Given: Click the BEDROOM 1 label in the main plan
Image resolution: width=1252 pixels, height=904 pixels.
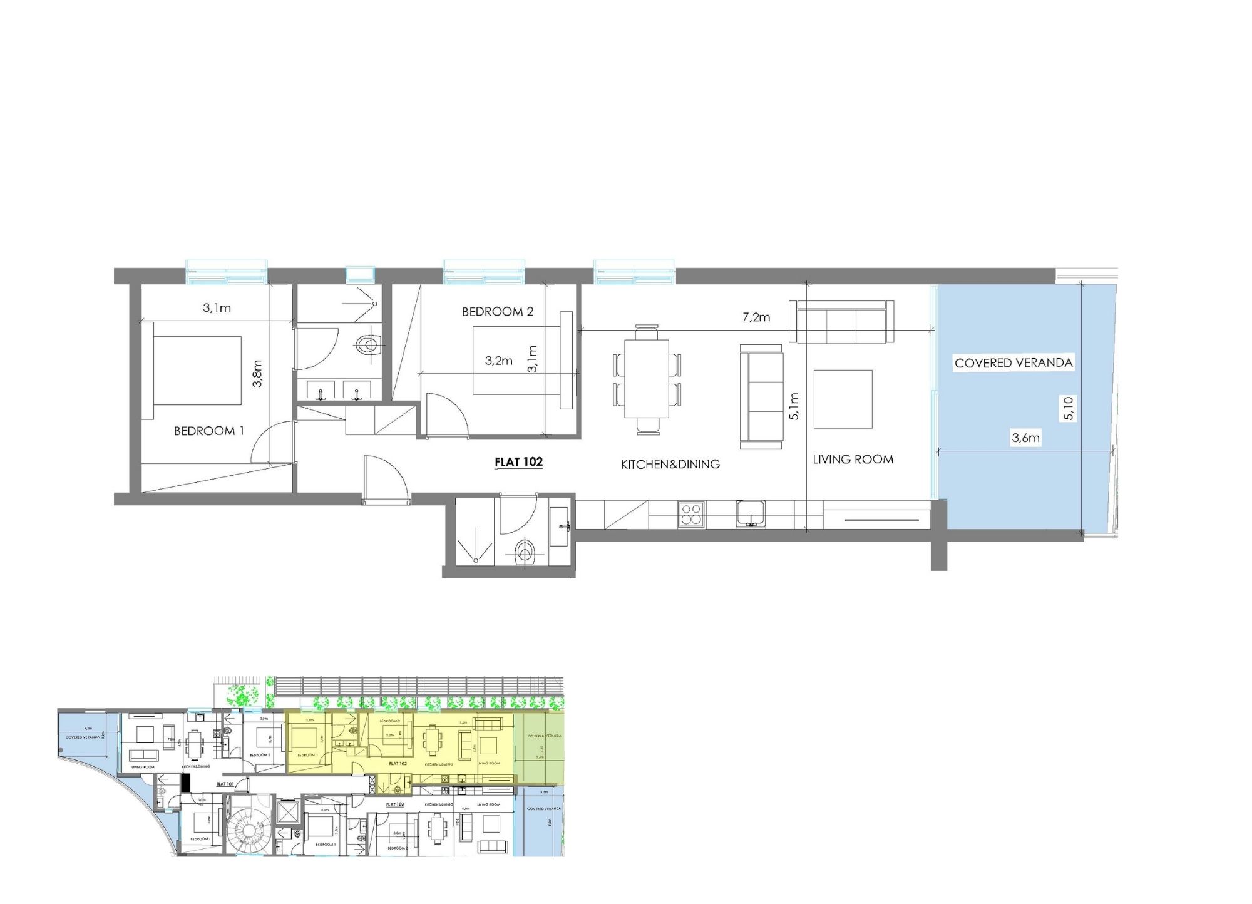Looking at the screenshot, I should [208, 431].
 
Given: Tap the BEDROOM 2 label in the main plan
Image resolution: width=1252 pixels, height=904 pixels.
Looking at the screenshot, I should [498, 311].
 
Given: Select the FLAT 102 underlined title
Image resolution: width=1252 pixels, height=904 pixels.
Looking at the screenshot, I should [518, 462].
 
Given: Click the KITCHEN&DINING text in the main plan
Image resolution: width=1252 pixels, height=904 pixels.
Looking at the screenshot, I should [670, 464].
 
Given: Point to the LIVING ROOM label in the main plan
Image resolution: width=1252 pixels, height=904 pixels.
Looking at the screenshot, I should [853, 459].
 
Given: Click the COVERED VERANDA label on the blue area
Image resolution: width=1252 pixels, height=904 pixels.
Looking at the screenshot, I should [1013, 362].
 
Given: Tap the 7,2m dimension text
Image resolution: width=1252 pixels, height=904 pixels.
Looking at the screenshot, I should [756, 317].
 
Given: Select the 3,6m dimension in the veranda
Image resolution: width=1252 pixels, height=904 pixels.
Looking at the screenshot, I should [1025, 438].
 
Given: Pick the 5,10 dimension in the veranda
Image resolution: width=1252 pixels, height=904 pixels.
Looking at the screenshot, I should [1069, 408].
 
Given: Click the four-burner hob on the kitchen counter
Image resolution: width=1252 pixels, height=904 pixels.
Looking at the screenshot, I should [691, 515].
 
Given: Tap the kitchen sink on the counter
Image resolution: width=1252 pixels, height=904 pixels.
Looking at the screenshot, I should [749, 514].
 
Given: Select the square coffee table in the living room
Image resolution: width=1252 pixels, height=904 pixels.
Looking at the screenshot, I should [843, 399].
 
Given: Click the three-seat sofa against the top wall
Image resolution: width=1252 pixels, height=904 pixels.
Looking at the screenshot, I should [841, 322].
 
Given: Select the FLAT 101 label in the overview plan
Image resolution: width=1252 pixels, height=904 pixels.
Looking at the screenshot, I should [225, 783].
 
